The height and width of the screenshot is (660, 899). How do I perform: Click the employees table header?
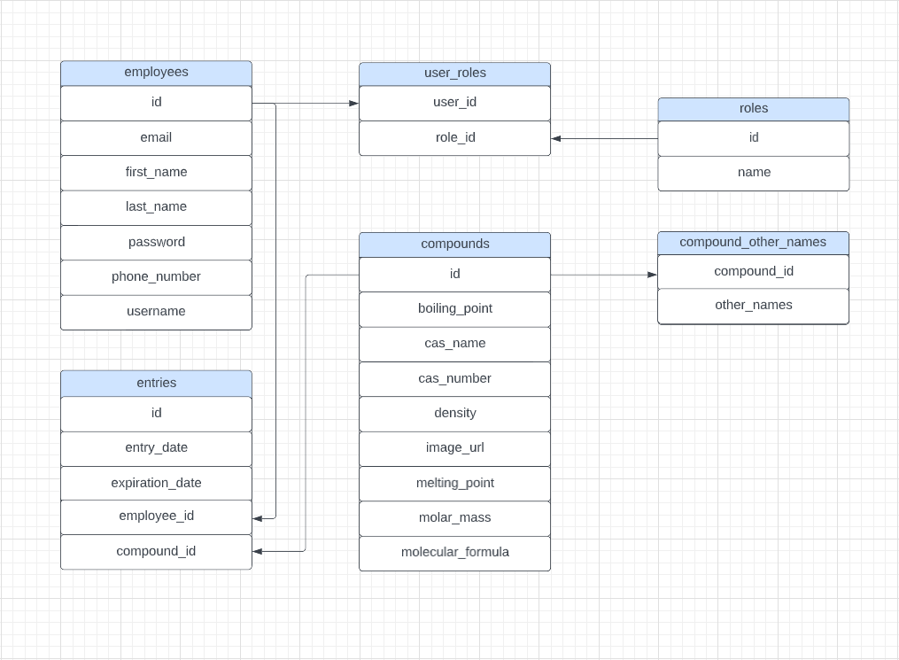(x=156, y=73)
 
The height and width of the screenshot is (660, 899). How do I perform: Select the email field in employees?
(x=156, y=137)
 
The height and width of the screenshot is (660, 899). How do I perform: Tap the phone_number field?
(x=156, y=276)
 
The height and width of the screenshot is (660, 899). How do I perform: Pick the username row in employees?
(x=156, y=311)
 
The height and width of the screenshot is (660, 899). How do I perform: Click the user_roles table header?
(x=454, y=74)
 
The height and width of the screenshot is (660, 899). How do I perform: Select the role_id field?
(x=454, y=137)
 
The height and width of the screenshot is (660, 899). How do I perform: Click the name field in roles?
(x=753, y=172)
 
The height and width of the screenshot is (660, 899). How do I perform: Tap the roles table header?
(x=753, y=109)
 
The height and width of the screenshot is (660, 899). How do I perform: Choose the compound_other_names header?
(x=753, y=242)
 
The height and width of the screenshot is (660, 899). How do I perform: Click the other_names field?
(x=753, y=305)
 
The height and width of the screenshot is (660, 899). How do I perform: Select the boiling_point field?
(x=454, y=308)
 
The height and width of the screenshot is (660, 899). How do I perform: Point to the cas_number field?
(x=454, y=378)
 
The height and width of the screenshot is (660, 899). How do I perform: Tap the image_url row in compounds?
(x=454, y=447)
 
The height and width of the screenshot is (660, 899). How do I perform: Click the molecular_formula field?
(x=454, y=552)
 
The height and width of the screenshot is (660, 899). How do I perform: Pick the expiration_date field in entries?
(x=156, y=483)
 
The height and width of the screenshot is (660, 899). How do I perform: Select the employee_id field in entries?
(x=156, y=516)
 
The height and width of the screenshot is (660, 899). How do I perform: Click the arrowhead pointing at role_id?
(x=556, y=138)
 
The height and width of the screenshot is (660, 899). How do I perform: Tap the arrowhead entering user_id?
(x=353, y=104)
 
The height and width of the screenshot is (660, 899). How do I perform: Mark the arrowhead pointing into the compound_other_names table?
(x=652, y=275)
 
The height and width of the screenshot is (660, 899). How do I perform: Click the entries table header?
(x=156, y=383)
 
